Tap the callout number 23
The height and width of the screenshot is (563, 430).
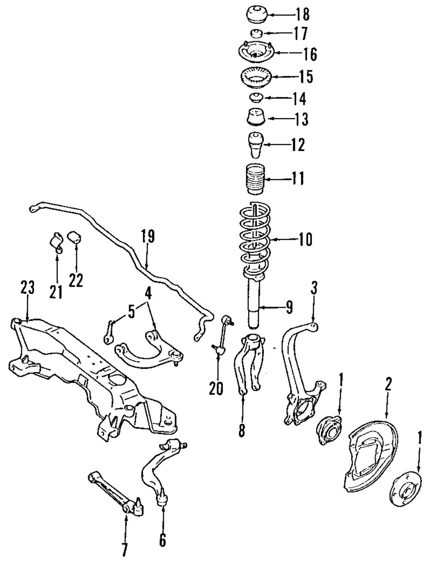click(x=27, y=288)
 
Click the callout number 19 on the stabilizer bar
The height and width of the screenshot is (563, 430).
click(x=147, y=237)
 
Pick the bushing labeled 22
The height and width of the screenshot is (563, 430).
click(x=76, y=236)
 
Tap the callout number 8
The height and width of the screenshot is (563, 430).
click(x=242, y=430)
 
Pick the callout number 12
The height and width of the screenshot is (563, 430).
click(x=297, y=145)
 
